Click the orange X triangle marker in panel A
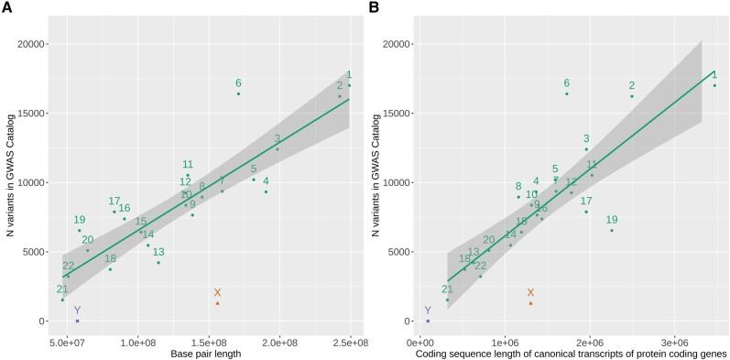217,303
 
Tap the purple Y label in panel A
77,311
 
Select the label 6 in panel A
238,83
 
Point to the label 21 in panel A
62,289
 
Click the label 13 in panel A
158,252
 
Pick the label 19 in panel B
612,220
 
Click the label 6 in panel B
567,83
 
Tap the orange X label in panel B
530,292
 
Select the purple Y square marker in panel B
428,321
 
